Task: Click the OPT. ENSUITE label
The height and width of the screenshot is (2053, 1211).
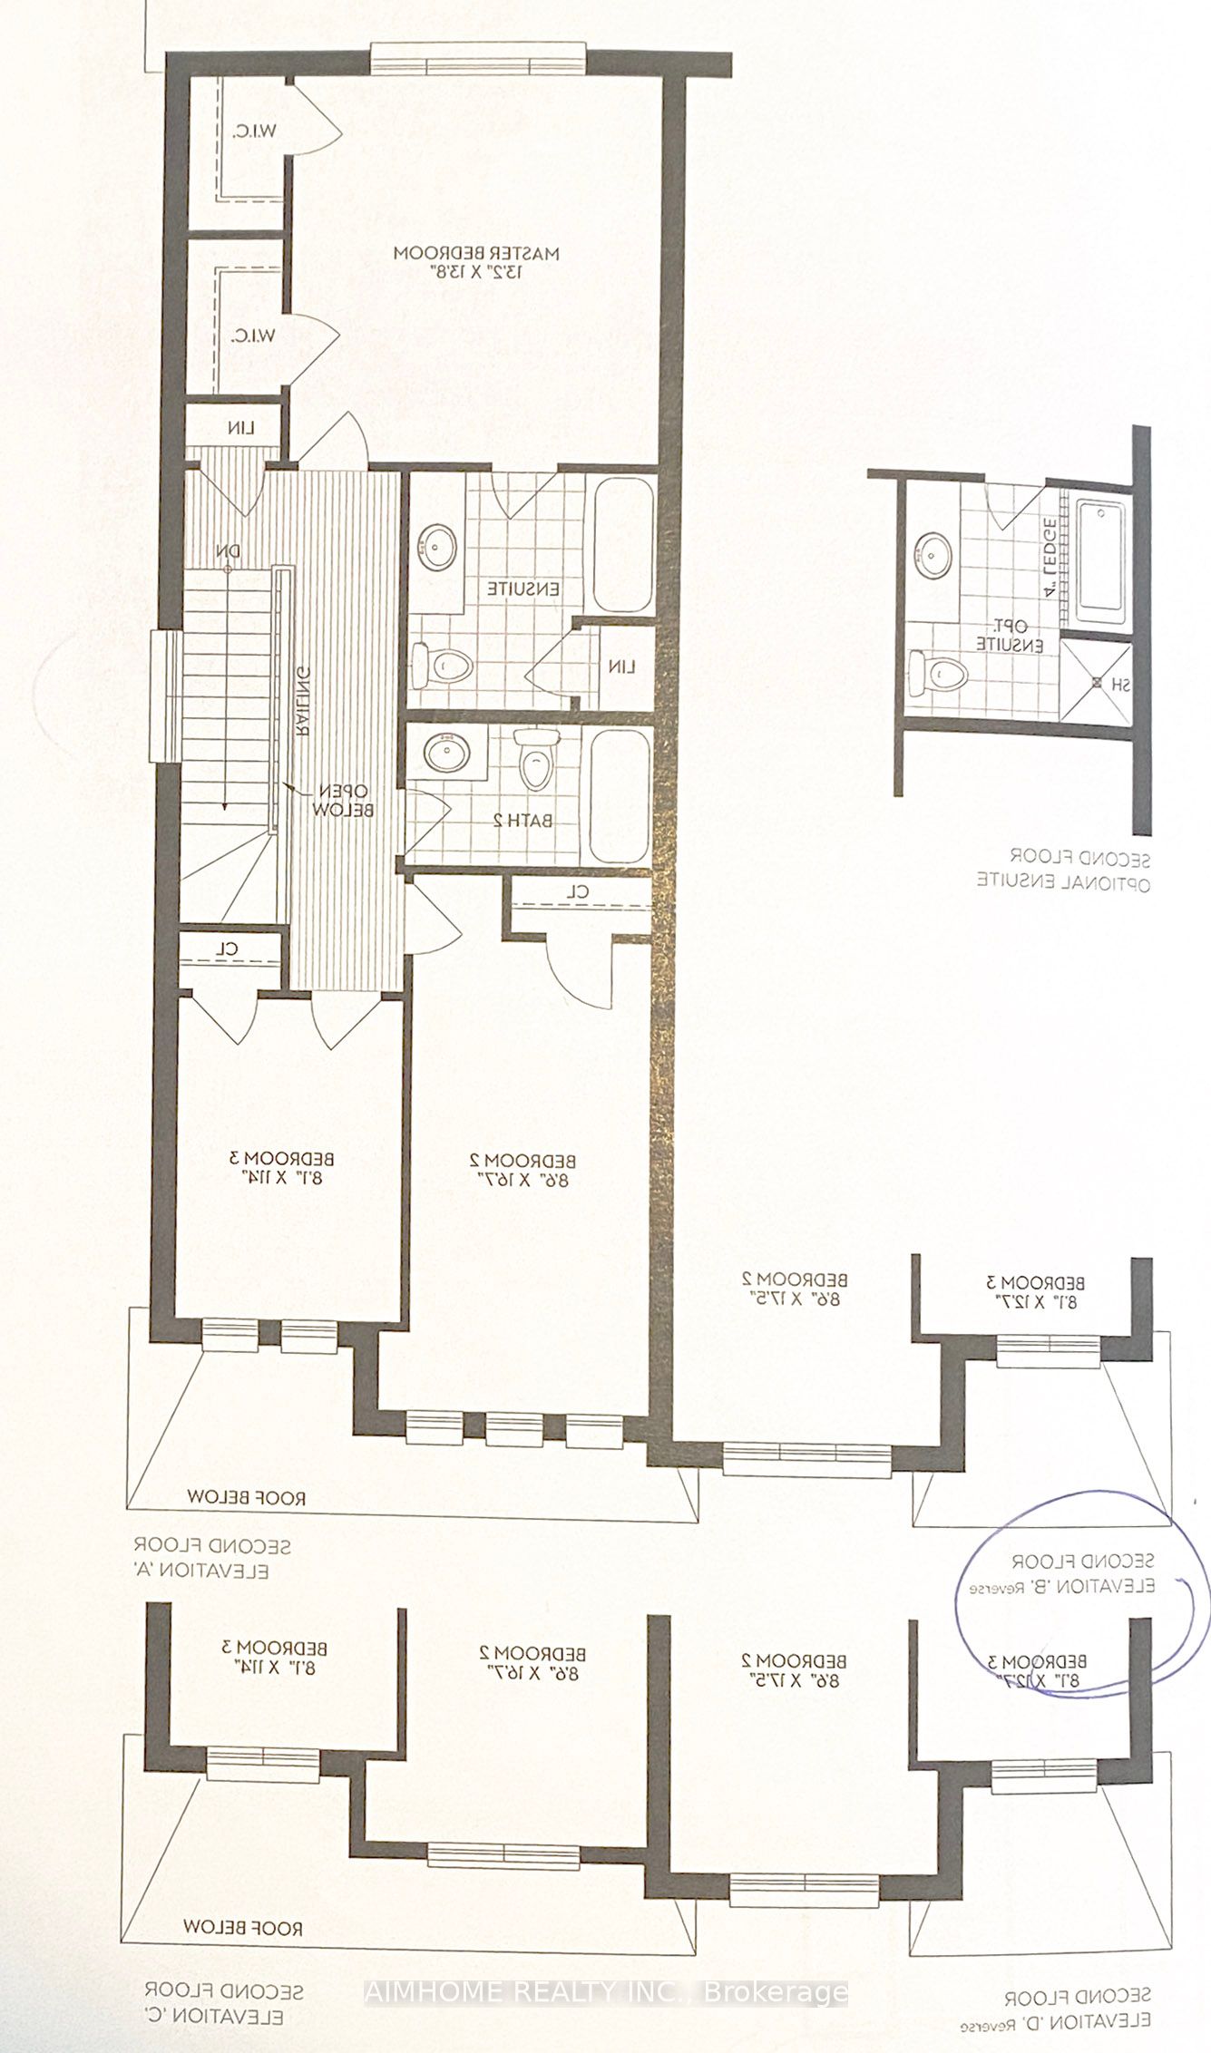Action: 1010,635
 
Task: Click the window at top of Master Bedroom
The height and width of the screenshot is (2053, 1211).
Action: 478,60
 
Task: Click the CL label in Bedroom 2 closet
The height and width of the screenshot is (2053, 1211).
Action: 579,891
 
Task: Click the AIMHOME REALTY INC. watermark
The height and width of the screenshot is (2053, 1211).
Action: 605,1992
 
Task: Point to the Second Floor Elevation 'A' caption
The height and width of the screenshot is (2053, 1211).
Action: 212,1558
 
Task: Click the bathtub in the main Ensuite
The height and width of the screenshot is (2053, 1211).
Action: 622,545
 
